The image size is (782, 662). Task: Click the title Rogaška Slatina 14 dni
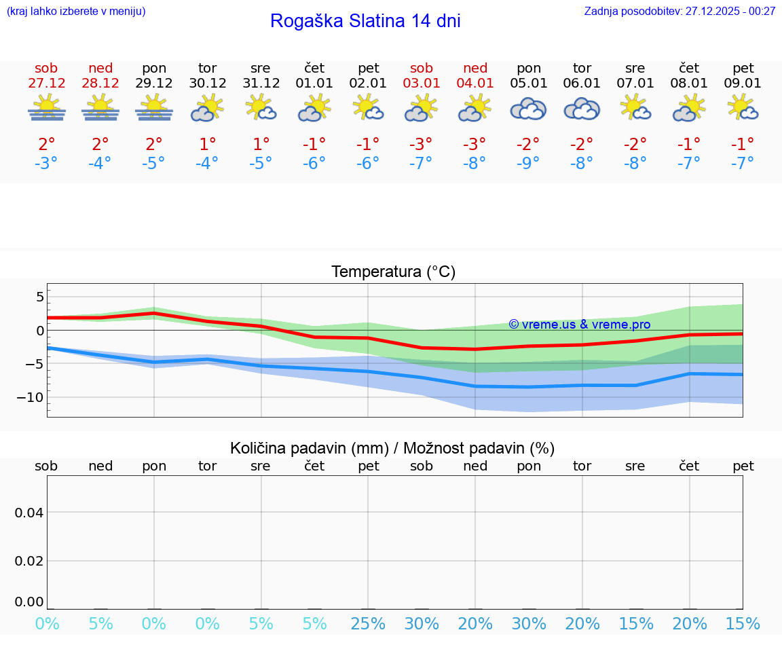[x=365, y=21]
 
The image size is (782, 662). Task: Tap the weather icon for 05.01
[x=528, y=109]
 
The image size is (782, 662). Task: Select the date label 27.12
[x=47, y=84]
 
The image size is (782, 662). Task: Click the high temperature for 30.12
[x=207, y=144]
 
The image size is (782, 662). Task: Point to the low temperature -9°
[x=528, y=163]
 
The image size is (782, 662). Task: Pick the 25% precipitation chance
[x=368, y=623]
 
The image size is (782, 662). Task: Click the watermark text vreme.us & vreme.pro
[x=580, y=325]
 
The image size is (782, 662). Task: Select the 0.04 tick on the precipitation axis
[x=29, y=512]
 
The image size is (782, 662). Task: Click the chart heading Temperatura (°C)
[x=393, y=272]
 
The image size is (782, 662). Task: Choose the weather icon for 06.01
[x=582, y=109]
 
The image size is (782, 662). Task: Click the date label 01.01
[x=314, y=84]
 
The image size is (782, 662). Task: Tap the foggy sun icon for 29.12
[x=154, y=109]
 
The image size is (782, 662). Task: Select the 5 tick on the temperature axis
[x=39, y=297]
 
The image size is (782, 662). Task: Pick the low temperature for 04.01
[x=474, y=163]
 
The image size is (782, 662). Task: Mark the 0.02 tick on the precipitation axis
[x=29, y=561]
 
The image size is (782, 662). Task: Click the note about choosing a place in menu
[x=76, y=12]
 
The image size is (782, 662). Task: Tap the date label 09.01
[x=743, y=84]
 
